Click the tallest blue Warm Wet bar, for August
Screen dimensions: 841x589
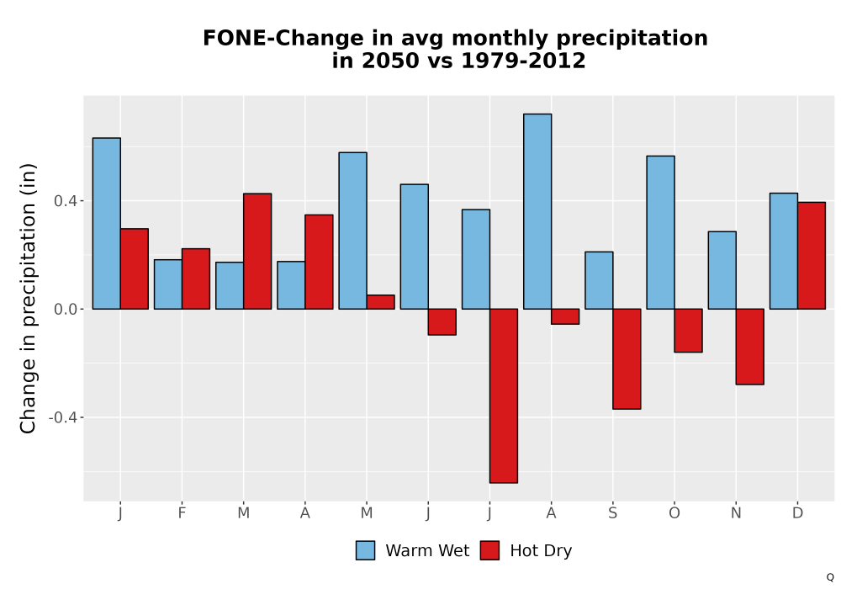pyautogui.click(x=537, y=211)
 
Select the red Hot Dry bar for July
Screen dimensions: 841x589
pyautogui.click(x=504, y=395)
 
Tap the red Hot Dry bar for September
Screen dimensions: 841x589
pyautogui.click(x=627, y=359)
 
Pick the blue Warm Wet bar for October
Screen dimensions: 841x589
pyautogui.click(x=660, y=232)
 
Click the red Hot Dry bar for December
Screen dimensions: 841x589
pyautogui.click(x=812, y=255)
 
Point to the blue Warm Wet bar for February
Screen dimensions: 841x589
pyautogui.click(x=168, y=284)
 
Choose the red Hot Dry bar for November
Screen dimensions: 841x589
pyautogui.click(x=750, y=347)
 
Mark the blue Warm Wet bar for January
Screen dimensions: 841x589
pyautogui.click(x=107, y=223)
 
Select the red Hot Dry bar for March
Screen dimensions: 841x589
pyautogui.click(x=257, y=251)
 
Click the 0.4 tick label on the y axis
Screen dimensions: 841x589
pyautogui.click(x=65, y=201)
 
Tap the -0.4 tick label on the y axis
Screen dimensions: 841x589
pyautogui.click(x=62, y=417)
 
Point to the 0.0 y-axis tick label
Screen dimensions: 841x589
pyautogui.click(x=65, y=310)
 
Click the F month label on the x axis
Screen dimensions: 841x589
pyautogui.click(x=182, y=513)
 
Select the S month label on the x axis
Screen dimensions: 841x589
pyautogui.click(x=612, y=513)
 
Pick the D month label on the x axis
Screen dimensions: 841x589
pyautogui.click(x=797, y=513)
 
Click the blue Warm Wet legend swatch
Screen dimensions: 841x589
pyautogui.click(x=365, y=550)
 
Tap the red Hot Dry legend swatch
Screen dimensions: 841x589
pyautogui.click(x=489, y=550)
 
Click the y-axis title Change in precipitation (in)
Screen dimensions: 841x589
pyautogui.click(x=28, y=298)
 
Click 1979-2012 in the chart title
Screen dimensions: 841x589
pyautogui.click(x=523, y=61)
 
